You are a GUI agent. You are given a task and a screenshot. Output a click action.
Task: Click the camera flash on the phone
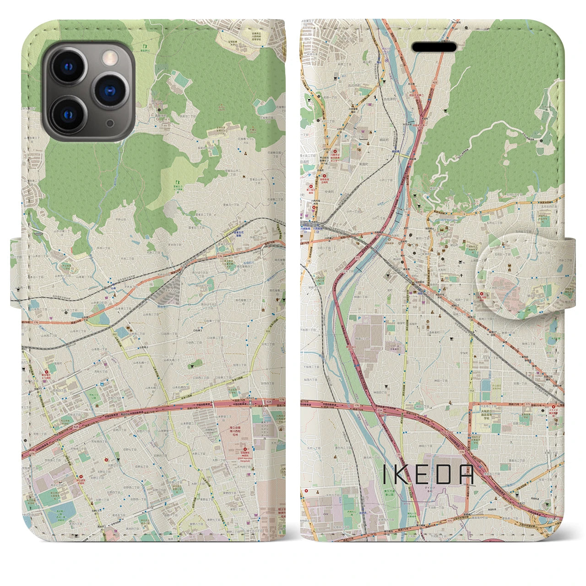[x=109, y=57]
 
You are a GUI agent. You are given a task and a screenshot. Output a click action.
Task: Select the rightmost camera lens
[x=109, y=90]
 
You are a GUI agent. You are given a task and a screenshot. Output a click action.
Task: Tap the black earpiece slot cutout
[x=434, y=47]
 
